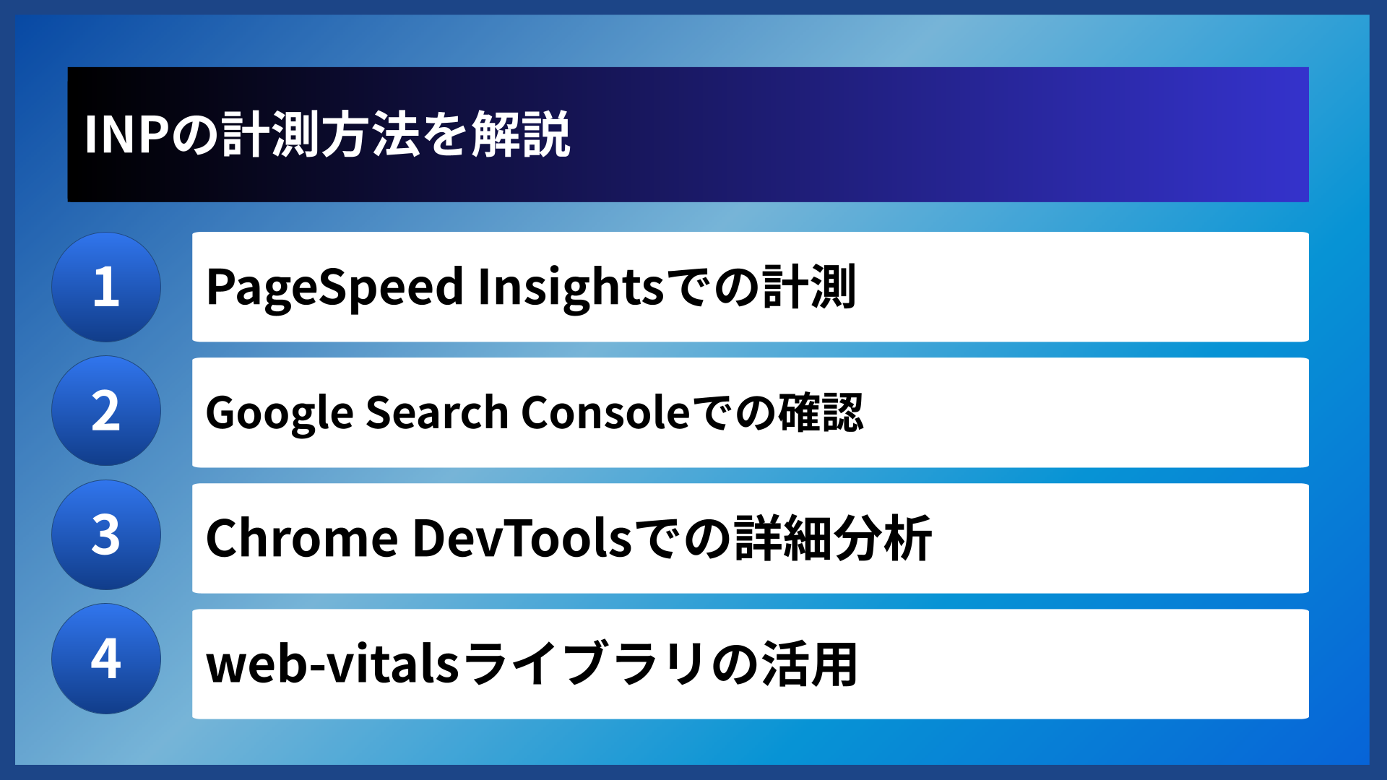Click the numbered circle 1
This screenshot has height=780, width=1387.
106,287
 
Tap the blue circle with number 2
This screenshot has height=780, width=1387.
106,411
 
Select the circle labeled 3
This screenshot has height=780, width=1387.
106,535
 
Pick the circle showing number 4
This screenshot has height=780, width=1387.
106,659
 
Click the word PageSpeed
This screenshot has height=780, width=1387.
334,287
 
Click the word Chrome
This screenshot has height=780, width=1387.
301,539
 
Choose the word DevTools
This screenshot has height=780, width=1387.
522,539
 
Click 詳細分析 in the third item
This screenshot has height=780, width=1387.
833,539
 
